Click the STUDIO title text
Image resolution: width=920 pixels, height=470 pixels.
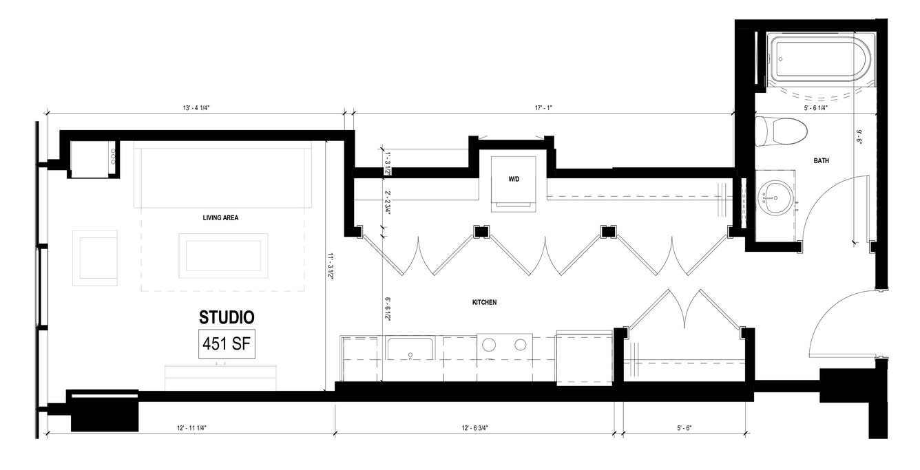pyautogui.click(x=227, y=317)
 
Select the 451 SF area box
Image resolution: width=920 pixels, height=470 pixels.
pyautogui.click(x=227, y=343)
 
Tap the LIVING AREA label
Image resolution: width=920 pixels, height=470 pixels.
pyautogui.click(x=220, y=217)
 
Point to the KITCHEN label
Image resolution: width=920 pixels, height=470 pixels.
pyautogui.click(x=484, y=302)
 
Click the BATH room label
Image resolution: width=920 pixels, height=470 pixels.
pyautogui.click(x=821, y=160)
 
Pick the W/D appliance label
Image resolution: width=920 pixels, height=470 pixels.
pyautogui.click(x=514, y=179)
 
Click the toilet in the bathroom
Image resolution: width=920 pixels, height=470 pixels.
pyautogui.click(x=781, y=131)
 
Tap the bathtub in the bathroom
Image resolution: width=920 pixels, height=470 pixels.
pyautogui.click(x=819, y=59)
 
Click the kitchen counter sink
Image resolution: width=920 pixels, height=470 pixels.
pyautogui.click(x=410, y=348)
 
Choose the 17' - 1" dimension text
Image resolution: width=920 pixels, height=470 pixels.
pyautogui.click(x=543, y=108)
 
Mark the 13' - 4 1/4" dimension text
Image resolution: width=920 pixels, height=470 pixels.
pyautogui.click(x=196, y=108)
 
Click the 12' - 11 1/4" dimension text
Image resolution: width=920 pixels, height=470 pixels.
pyautogui.click(x=192, y=428)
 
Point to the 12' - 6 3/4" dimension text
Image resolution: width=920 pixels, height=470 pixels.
pyautogui.click(x=474, y=428)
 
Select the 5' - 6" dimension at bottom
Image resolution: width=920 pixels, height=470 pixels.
pyautogui.click(x=684, y=428)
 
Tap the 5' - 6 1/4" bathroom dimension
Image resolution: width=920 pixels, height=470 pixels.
pyautogui.click(x=816, y=108)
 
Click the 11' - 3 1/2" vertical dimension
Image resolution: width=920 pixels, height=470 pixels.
pyautogui.click(x=330, y=266)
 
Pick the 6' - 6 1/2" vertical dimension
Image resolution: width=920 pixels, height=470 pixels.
pyautogui.click(x=387, y=309)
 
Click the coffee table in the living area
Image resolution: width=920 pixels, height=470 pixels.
pyautogui.click(x=223, y=256)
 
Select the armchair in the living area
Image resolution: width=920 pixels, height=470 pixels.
pyautogui.click(x=95, y=258)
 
